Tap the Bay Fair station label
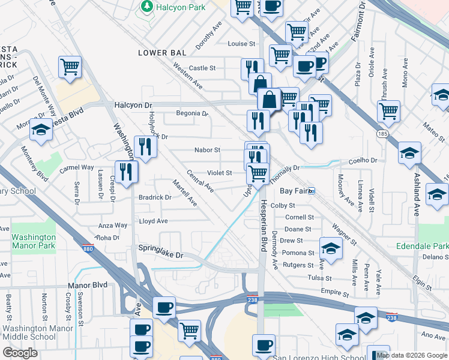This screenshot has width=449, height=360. (294, 191)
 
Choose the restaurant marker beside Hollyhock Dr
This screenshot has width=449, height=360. (145, 146)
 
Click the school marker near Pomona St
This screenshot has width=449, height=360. (330, 247)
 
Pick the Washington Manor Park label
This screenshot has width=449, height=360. (34, 241)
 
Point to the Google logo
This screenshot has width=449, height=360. (20, 353)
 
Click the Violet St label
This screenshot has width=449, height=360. (220, 173)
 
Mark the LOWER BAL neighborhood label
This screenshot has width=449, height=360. (160, 53)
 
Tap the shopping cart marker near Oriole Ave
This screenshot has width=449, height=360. (388, 110)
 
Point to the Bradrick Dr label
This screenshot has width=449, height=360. (155, 197)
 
